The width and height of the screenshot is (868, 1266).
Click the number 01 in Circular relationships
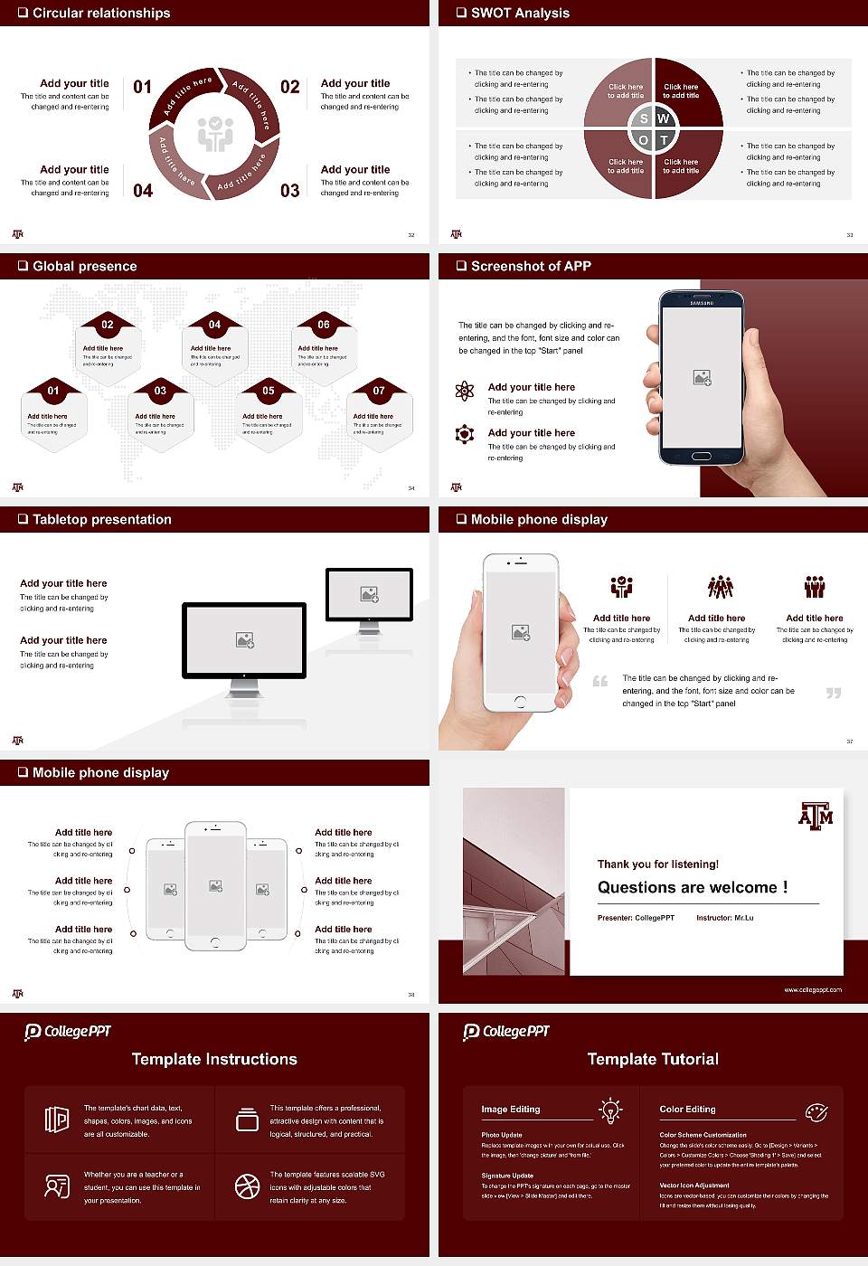point(143,87)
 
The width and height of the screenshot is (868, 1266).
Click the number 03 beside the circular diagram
point(289,191)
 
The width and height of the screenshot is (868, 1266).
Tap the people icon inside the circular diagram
point(215,134)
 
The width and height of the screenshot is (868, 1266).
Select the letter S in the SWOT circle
point(644,118)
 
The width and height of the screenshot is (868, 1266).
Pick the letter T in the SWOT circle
point(664,140)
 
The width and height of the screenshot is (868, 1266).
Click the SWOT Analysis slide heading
point(520,13)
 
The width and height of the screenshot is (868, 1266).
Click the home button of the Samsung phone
point(702,455)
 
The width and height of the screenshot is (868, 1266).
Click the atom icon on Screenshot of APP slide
point(465,391)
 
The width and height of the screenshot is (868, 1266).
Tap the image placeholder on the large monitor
point(244,640)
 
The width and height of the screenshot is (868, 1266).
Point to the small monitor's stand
point(369,626)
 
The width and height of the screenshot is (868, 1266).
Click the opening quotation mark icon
point(600,681)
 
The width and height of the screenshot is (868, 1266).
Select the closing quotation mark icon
point(834,693)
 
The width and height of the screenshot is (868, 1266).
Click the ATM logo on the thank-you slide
point(816,816)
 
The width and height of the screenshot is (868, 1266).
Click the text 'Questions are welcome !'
point(692,888)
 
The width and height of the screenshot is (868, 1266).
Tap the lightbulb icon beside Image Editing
point(610,1110)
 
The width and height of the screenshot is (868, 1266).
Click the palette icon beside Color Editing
point(816,1111)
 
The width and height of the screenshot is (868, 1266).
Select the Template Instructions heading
point(214,1059)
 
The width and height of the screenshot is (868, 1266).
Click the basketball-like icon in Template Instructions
point(247,1186)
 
